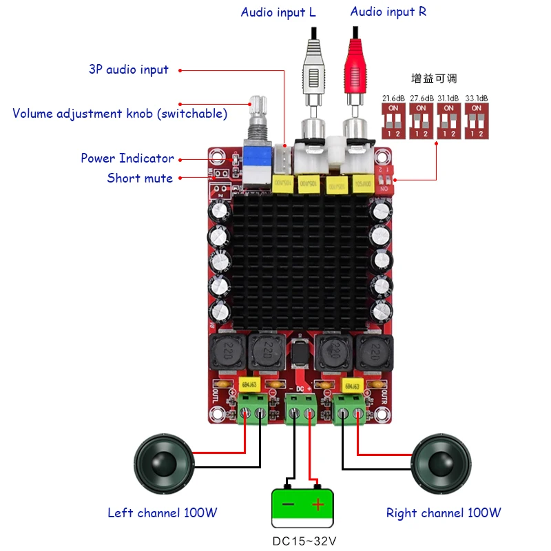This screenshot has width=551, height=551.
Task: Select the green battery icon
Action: click(302, 505)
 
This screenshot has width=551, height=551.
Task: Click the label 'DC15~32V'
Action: click(303, 541)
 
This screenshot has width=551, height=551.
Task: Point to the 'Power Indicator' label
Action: click(127, 158)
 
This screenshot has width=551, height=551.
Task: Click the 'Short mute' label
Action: click(140, 178)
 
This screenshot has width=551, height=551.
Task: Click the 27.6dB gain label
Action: click(422, 98)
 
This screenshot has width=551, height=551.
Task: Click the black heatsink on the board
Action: click(302, 262)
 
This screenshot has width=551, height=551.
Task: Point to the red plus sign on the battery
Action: click(318, 505)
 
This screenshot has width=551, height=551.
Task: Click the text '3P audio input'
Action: click(129, 70)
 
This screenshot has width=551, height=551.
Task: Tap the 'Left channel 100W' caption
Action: click(163, 513)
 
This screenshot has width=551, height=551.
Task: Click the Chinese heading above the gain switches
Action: click(434, 79)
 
